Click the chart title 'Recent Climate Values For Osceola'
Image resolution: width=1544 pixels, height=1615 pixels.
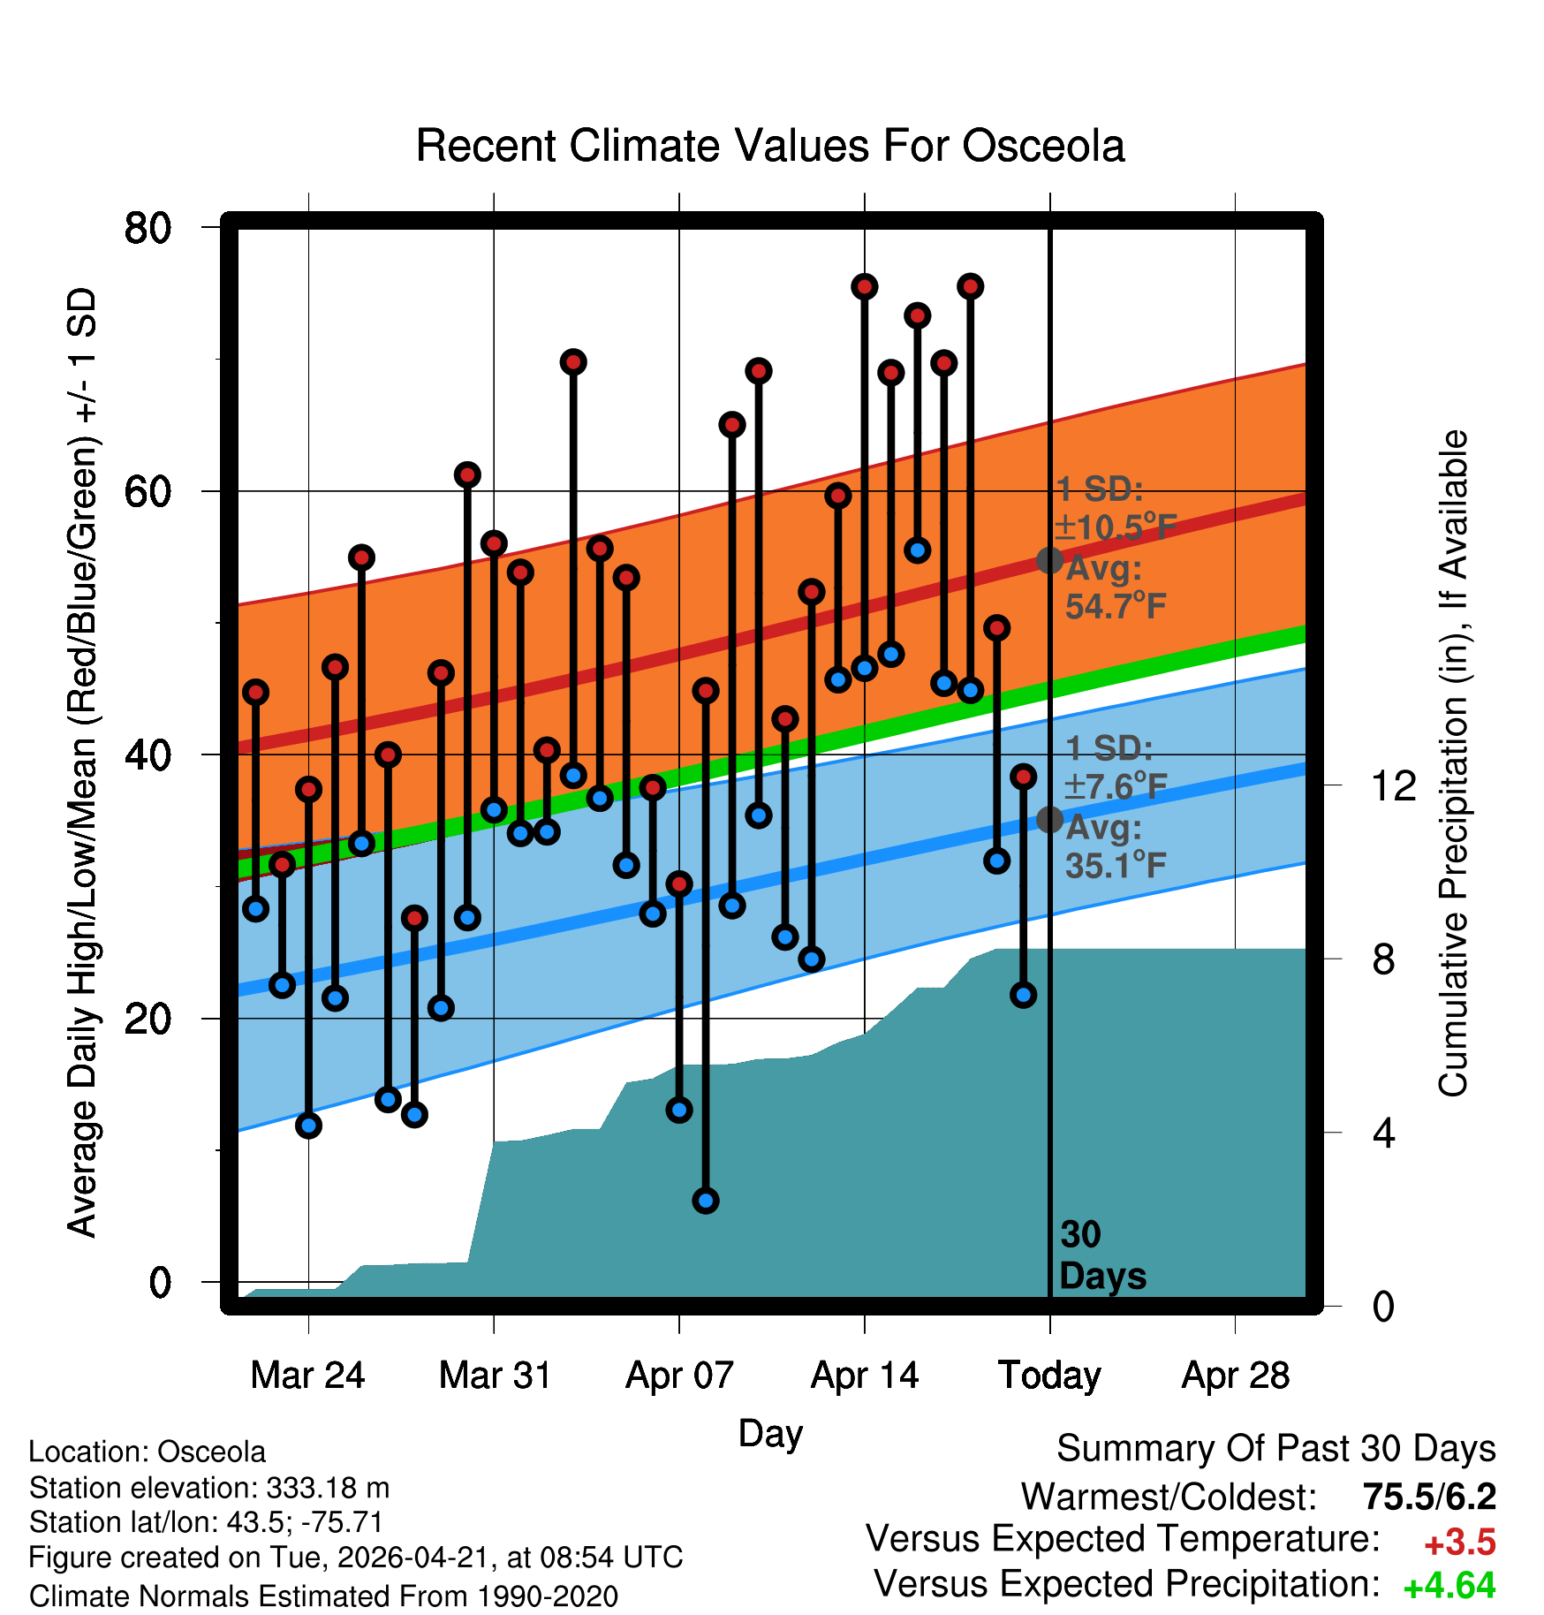point(770,146)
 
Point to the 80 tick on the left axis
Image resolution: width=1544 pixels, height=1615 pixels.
point(148,228)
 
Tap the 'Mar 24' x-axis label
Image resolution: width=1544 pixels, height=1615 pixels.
point(307,1376)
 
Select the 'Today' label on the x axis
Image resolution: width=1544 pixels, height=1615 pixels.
point(1049,1376)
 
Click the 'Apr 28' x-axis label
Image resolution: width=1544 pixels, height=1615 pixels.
point(1235,1376)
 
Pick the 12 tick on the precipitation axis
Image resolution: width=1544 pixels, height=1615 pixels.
point(1393,785)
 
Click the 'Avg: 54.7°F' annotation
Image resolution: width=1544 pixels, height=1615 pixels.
point(1116,588)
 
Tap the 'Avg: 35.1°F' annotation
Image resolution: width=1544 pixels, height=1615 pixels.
point(1116,846)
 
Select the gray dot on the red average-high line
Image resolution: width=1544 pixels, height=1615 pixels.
point(1049,560)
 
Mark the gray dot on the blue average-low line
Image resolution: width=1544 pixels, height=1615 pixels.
point(1049,820)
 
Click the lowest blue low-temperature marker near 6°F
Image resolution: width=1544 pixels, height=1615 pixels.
point(705,1200)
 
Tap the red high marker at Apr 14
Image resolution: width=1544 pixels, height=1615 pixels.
point(864,286)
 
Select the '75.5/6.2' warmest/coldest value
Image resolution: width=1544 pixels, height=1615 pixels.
point(1429,1497)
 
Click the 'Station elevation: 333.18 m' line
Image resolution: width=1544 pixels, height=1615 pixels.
point(209,1488)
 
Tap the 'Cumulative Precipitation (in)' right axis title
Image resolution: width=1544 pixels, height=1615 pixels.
point(1453,763)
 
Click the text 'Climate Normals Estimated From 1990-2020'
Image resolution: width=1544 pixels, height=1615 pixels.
point(323,1596)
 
